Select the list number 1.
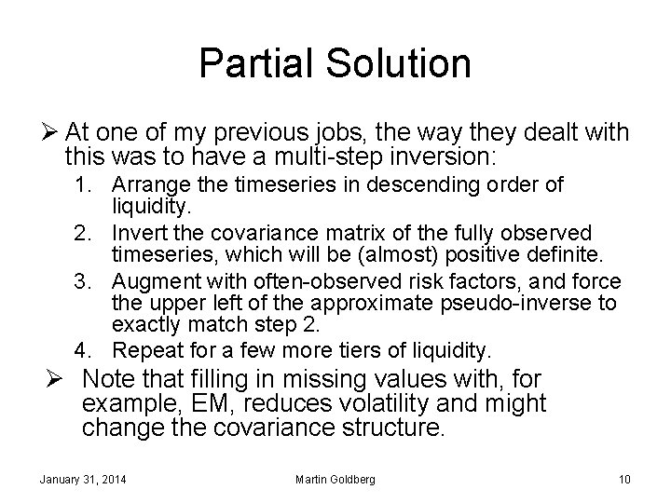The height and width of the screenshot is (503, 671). (x=83, y=184)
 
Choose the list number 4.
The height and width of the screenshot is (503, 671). (x=83, y=351)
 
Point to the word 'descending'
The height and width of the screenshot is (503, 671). (x=406, y=184)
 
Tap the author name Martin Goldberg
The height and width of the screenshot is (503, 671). (x=335, y=480)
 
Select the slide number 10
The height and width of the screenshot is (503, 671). (x=624, y=480)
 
